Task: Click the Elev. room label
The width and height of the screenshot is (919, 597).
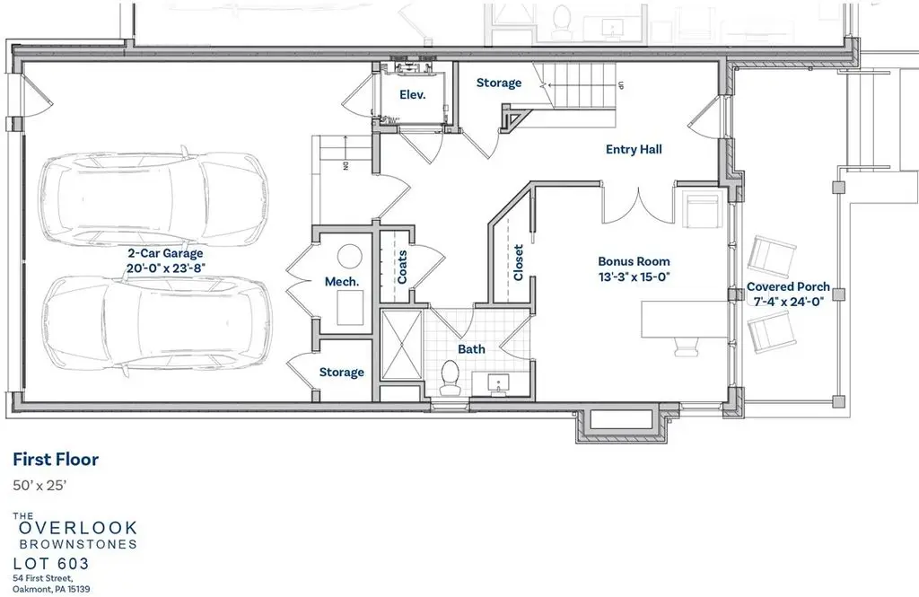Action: [413, 94]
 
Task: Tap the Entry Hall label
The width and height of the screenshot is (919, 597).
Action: [634, 150]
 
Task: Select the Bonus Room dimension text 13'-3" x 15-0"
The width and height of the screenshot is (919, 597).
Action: [634, 277]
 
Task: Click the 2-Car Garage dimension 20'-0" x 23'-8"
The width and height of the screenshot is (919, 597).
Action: [166, 268]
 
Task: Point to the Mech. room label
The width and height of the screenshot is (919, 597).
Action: [342, 282]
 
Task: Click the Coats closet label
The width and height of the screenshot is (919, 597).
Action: [402, 267]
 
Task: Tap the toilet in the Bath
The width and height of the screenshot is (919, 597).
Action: [451, 378]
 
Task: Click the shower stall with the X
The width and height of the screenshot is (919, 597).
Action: [401, 346]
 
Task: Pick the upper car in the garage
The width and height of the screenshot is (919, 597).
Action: [151, 197]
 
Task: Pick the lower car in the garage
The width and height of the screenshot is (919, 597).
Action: [155, 328]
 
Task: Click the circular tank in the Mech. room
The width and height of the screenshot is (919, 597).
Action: [350, 257]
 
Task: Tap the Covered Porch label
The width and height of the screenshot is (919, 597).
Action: [788, 286]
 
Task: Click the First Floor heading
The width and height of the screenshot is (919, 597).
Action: [56, 459]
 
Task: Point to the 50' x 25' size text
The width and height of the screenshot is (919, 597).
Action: [39, 486]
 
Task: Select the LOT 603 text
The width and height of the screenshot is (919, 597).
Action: [51, 564]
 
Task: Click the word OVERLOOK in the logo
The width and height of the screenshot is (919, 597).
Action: [79, 528]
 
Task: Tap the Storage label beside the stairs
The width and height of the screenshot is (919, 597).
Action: [499, 83]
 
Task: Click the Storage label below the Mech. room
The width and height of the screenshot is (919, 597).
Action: [342, 373]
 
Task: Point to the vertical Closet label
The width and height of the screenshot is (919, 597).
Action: [518, 262]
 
